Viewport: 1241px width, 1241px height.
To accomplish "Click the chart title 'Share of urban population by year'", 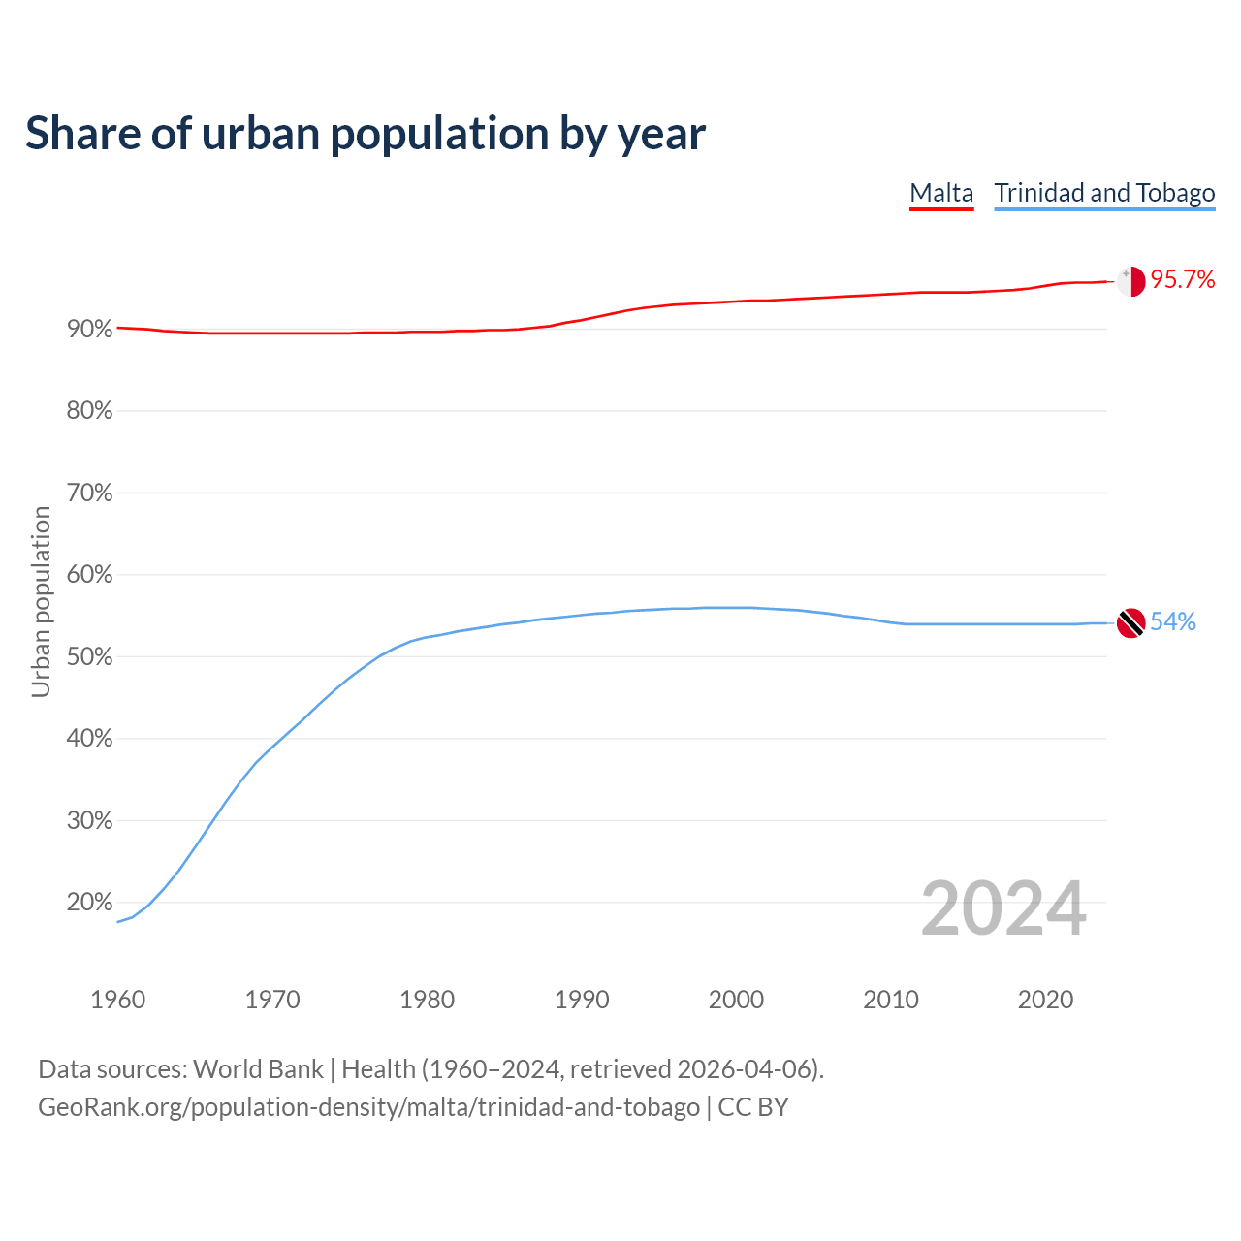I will [x=366, y=134].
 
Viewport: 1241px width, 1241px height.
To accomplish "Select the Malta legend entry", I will [x=940, y=193].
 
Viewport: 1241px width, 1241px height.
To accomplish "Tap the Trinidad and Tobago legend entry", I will [x=1104, y=193].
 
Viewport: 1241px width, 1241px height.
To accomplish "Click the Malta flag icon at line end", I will [x=1130, y=280].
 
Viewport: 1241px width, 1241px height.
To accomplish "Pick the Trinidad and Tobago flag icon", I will [x=1130, y=622].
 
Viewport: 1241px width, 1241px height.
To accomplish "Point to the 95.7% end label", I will [x=1183, y=280].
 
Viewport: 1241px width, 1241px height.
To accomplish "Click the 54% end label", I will [x=1173, y=622].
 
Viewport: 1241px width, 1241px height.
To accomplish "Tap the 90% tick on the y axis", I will [x=90, y=330].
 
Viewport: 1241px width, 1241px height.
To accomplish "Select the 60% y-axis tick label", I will [x=90, y=575].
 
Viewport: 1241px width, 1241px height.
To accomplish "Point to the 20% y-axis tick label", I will [x=90, y=903].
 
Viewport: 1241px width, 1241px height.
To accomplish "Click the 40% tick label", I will [x=90, y=739].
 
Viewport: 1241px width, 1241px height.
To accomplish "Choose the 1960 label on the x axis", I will [x=117, y=1000].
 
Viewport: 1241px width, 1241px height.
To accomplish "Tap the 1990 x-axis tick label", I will [x=582, y=1000].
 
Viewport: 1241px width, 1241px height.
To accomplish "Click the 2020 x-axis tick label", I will [x=1045, y=1000].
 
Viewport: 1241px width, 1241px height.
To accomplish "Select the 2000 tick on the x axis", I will [x=736, y=1000].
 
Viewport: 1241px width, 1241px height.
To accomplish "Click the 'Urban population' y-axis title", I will [x=41, y=602].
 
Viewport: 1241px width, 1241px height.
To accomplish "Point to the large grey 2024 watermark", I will [x=1003, y=909].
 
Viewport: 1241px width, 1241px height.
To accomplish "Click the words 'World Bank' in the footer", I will [x=258, y=1069].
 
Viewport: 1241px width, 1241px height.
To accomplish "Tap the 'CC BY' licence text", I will [x=753, y=1107].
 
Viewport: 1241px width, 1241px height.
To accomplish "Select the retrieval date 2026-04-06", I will [x=743, y=1069].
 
